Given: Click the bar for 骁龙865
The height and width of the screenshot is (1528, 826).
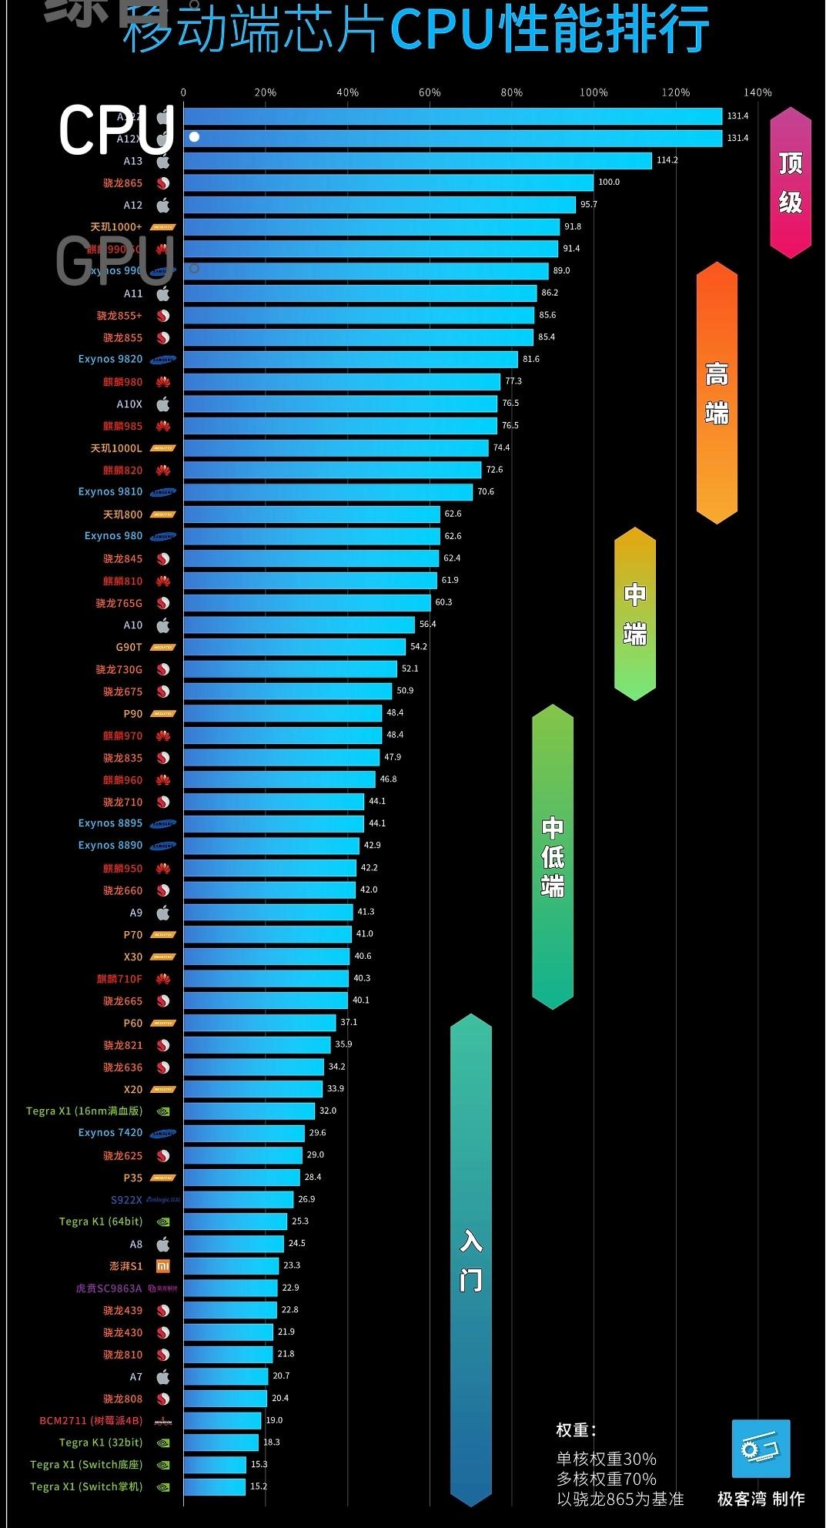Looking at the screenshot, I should click(388, 183).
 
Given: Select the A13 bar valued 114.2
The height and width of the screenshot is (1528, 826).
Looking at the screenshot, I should click(417, 160).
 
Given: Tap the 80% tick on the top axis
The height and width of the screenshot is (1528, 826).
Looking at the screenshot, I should click(511, 92).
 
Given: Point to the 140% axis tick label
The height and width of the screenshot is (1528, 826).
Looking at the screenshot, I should click(757, 92).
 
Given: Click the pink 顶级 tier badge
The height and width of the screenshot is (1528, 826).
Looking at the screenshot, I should click(791, 183).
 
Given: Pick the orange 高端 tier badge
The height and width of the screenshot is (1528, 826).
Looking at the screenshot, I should click(717, 393).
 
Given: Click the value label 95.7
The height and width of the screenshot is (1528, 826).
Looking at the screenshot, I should click(589, 205).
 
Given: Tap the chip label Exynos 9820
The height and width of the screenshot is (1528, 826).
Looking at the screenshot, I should click(110, 360).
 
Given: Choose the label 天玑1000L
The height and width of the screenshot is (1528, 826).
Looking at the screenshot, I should click(116, 448).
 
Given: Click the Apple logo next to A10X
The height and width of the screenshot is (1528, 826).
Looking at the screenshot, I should click(162, 404).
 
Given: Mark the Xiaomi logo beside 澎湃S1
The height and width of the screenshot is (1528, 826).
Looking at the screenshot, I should click(162, 1266).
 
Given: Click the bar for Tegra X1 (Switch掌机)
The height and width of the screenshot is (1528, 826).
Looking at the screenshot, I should click(215, 1487).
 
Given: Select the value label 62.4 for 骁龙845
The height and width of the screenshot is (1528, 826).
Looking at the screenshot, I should click(452, 558).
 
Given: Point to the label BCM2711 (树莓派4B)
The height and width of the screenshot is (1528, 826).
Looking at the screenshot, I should click(91, 1421).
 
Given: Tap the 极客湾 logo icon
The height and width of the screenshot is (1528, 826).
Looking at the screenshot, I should click(761, 1449).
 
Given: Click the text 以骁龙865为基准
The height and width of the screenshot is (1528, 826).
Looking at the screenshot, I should click(620, 1499).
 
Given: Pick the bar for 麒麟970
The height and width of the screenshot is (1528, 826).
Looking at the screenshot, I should click(283, 736).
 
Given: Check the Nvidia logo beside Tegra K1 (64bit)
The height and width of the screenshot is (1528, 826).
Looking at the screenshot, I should click(162, 1222).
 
